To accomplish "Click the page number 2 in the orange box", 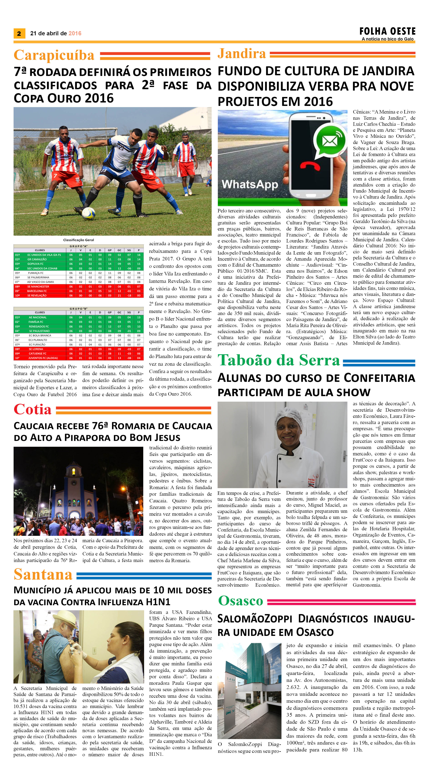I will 19,33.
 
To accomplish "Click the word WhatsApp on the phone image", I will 250,184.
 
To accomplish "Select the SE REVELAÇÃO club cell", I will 37,296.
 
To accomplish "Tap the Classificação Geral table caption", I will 79,240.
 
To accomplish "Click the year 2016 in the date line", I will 75,33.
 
